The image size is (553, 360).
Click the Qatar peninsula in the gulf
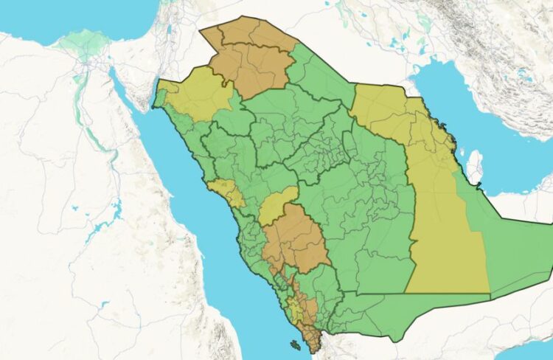point(476,167)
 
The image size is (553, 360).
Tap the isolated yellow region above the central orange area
point(276,207)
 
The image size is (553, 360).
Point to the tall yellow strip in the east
point(442,221)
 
